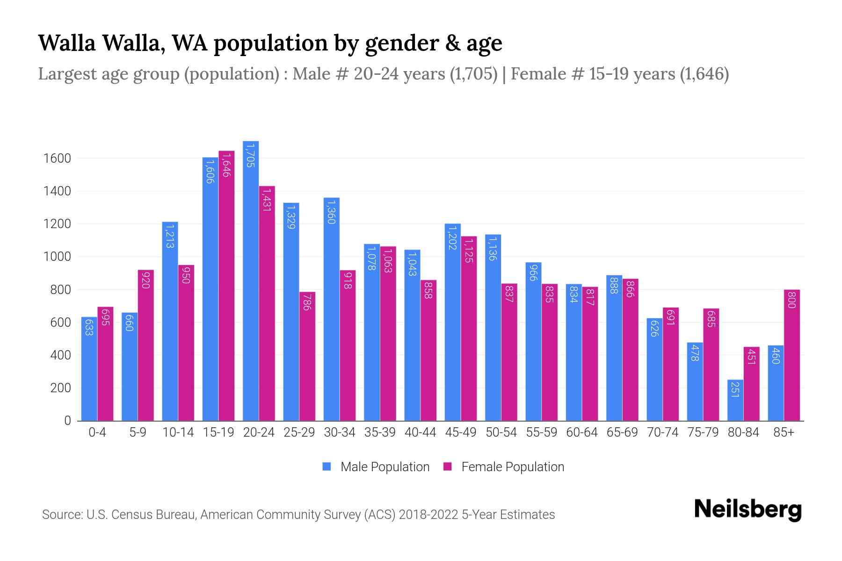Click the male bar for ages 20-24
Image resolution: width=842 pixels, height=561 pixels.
pos(251,280)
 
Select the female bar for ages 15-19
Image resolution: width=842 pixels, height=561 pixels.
pos(226,285)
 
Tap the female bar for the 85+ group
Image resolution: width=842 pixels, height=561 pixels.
pos(791,355)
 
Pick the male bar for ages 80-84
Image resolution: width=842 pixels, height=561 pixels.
pos(735,400)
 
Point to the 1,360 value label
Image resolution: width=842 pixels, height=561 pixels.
pos(331,212)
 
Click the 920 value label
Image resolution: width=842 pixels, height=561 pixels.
pos(145,280)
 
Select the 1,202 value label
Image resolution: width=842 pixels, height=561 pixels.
pos(452,237)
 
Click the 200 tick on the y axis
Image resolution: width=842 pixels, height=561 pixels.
pos(60,388)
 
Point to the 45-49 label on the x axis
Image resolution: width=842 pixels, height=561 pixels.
pos(460,432)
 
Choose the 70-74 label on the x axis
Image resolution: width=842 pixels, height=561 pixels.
pos(662,432)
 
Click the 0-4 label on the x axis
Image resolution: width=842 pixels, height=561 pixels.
pos(97,432)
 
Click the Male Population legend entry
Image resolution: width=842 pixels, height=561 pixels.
pos(385,467)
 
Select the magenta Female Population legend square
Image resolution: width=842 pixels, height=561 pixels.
pos(448,467)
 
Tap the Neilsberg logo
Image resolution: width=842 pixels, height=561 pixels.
pos(748,510)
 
